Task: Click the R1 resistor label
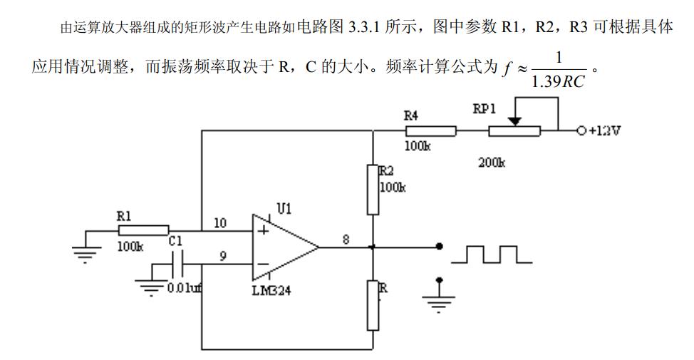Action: tap(124, 216)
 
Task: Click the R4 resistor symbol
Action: tap(430, 131)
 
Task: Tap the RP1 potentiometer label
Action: tap(485, 108)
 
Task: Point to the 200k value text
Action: tap(491, 163)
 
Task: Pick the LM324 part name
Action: tap(272, 290)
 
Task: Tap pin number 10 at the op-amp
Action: tap(220, 223)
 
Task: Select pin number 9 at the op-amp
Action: tap(224, 257)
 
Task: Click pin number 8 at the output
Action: tap(346, 240)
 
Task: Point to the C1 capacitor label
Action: tap(175, 242)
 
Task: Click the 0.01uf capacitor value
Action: tap(184, 288)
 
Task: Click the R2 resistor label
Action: tap(386, 170)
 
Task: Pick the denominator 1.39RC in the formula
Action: tap(557, 81)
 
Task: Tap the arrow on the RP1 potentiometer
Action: tap(518, 122)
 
